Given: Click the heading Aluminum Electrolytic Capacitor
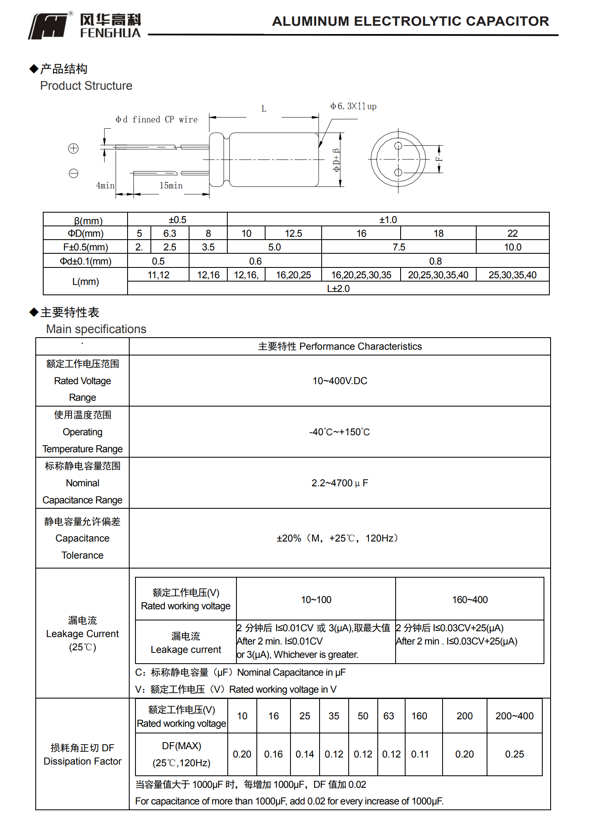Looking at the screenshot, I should [410, 21].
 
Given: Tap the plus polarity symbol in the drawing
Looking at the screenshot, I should [73, 148].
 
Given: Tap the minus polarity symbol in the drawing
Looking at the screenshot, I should [74, 173].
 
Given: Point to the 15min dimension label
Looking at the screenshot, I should [171, 186].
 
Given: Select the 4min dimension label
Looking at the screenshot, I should [105, 186].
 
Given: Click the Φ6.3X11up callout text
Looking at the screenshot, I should [353, 106].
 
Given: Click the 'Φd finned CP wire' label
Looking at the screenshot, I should [156, 120].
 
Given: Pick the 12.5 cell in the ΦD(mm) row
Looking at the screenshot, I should [293, 233].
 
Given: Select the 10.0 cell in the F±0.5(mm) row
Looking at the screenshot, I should [512, 247].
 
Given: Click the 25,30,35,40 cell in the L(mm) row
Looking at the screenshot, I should [512, 275].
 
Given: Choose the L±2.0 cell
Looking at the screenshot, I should [338, 289].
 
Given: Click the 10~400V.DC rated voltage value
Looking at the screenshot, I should [340, 381].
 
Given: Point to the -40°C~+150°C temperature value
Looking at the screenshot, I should [340, 432].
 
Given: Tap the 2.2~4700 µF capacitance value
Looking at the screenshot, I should [340, 483].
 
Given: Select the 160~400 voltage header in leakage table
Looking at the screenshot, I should [470, 600].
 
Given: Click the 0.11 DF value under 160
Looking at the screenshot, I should [420, 754].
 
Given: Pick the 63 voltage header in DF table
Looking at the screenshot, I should [389, 716].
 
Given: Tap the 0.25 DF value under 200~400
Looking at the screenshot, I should [514, 754].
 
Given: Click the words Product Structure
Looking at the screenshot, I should [86, 86].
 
